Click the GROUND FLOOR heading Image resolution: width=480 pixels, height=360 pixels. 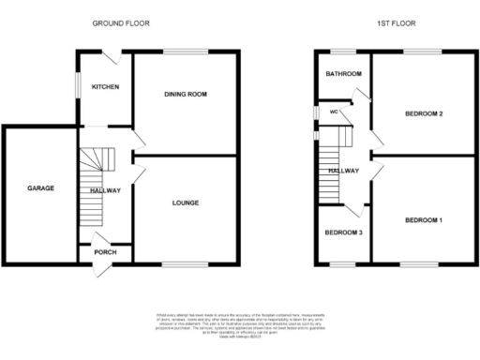click(122, 22)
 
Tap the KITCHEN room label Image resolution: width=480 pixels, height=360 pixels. click(104, 86)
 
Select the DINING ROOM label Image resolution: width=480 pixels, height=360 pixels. click(185, 94)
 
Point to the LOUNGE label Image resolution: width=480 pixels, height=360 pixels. click(185, 202)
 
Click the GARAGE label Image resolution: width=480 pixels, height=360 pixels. click(39, 188)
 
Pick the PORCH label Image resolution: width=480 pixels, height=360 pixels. click(104, 251)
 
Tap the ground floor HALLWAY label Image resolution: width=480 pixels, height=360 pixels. click(104, 191)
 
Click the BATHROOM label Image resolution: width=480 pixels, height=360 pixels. click(343, 73)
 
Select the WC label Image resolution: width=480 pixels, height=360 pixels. click(333, 112)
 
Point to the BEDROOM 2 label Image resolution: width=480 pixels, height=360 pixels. click(423, 114)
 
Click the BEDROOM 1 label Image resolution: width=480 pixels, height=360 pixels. click(423, 220)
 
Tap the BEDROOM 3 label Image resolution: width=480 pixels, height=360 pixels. click(343, 232)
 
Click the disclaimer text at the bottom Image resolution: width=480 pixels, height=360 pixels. click(240, 320)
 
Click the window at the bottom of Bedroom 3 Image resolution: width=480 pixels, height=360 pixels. click(343, 263)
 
